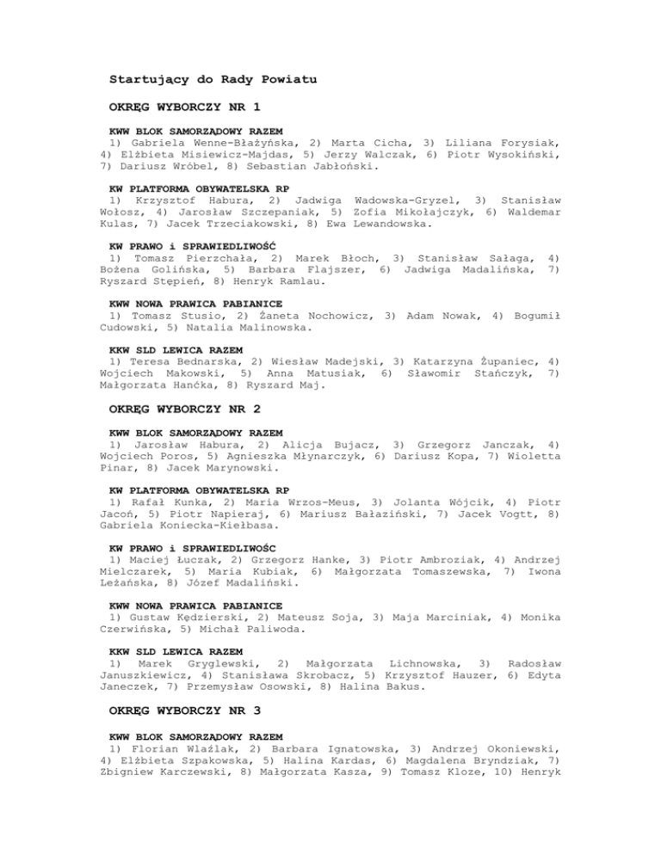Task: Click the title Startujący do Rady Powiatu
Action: pyautogui.click(x=213, y=80)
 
